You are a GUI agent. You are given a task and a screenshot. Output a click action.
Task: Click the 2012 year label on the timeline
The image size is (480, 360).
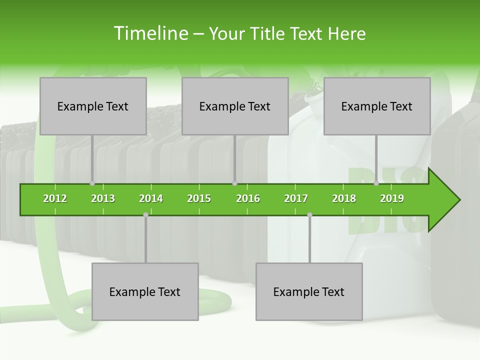coord(55,198)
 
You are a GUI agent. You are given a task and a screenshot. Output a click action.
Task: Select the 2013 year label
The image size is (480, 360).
coord(103,198)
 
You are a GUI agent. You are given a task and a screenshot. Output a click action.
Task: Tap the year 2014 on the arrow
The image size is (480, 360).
coord(151,198)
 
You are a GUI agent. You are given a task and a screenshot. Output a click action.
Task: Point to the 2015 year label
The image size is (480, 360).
coord(199,198)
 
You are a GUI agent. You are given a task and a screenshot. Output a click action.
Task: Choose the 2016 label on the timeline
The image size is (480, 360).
coord(248,198)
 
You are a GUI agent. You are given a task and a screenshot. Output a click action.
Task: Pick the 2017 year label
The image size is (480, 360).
coord(296,198)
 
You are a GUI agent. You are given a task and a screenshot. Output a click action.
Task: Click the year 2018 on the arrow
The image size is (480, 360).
coord(344,198)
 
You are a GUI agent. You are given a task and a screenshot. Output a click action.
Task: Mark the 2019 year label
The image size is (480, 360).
coord(392,198)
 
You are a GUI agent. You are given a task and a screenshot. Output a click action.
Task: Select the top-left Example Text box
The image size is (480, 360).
coord(93,106)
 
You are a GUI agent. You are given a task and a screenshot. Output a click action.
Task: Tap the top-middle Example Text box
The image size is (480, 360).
coord(235,106)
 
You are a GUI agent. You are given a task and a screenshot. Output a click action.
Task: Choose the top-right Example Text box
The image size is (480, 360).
coord(377,106)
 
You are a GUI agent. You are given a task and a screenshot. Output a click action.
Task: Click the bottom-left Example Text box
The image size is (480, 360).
coord(145,291)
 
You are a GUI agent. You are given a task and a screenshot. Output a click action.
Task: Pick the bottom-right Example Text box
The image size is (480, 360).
coord(309,291)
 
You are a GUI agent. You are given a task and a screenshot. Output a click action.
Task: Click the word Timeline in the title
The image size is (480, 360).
coord(149,33)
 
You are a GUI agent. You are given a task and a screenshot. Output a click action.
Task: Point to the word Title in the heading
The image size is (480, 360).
coord(268,33)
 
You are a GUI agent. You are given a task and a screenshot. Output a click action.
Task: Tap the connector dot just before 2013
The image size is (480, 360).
coord(92,183)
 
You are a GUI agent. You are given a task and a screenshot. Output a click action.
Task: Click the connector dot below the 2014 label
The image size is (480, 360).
coord(145,214)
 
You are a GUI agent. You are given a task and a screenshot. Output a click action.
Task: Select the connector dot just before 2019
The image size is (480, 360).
coord(376,183)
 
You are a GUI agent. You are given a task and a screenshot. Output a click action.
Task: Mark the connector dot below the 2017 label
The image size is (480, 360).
coord(309,214)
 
